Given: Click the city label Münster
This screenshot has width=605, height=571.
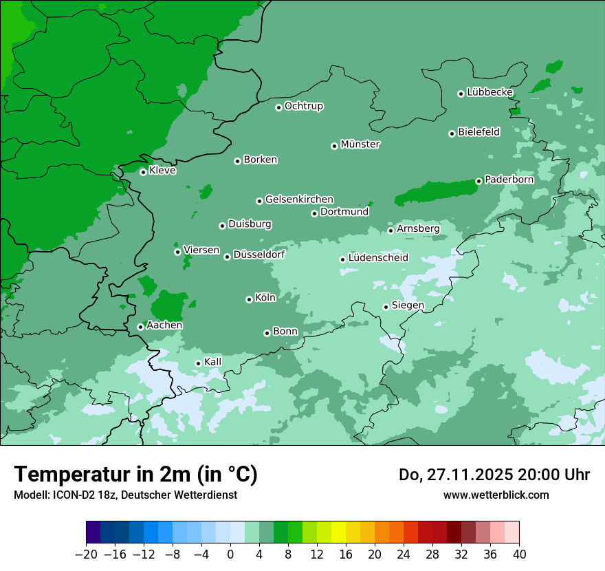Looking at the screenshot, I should [x=360, y=144].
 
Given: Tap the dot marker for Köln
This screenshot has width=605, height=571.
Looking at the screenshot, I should [x=249, y=299].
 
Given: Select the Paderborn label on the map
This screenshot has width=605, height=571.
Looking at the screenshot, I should [x=509, y=180].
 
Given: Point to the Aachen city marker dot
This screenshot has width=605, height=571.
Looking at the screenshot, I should [x=140, y=327].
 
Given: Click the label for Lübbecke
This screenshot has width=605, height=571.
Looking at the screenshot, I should [x=489, y=92].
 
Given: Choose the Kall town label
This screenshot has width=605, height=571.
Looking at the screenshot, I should [x=212, y=362].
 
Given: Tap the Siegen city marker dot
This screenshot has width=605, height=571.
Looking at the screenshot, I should [x=386, y=307].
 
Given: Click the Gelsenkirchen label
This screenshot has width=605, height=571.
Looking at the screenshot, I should [x=299, y=200].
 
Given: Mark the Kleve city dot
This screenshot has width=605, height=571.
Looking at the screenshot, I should [x=143, y=172].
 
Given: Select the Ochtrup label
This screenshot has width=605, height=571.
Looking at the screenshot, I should [x=303, y=106].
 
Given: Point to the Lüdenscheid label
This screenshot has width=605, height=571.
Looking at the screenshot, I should [x=378, y=258].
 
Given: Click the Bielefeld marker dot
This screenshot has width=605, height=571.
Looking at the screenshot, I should [x=452, y=133].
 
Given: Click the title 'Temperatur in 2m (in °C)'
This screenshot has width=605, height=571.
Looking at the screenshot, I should [x=136, y=475].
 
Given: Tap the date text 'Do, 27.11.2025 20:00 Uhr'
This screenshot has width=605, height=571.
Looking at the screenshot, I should [x=494, y=475].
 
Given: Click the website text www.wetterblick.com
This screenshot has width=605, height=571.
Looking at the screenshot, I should [x=496, y=495].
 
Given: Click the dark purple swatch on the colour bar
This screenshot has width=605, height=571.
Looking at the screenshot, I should [x=93, y=532].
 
